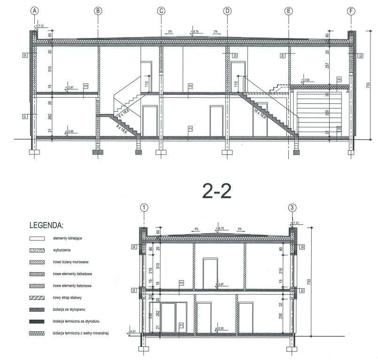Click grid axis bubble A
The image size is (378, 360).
[x=33, y=11]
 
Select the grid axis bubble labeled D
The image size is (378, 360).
[x=227, y=11]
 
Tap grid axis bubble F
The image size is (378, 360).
[x=351, y=11]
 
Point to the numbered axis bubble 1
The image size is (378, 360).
[x=144, y=207]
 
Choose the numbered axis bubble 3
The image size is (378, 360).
[x=293, y=207]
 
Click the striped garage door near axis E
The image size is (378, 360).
[x=310, y=112]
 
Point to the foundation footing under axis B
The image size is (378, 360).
[x=98, y=152]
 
